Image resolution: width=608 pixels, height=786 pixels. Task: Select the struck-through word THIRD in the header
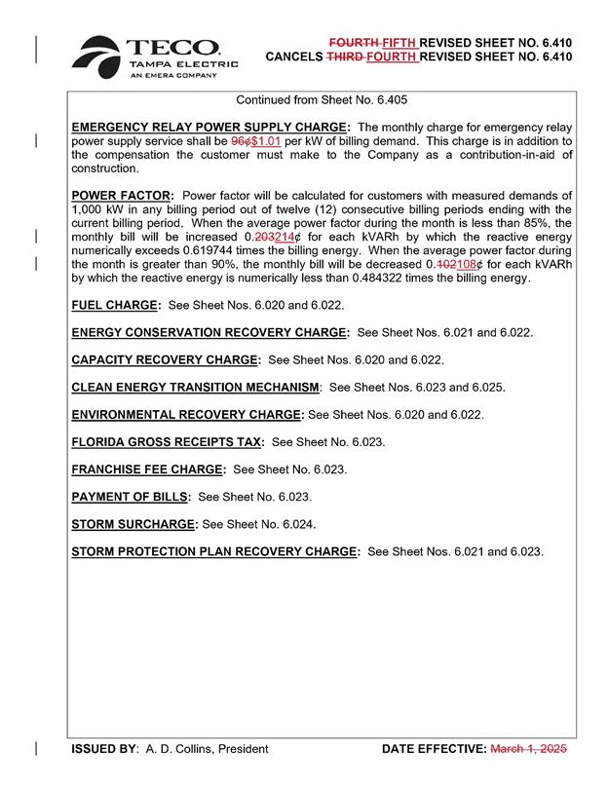pos(342,56)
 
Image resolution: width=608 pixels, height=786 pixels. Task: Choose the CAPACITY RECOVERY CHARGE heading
pos(165,359)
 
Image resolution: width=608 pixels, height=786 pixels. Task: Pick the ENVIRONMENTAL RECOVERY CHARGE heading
pos(187,414)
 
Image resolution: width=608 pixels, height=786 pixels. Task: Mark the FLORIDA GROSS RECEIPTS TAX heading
pos(167,441)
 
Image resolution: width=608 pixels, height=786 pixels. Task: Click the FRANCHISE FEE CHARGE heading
pos(147,468)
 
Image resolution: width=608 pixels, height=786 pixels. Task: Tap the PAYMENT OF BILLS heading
pos(131,497)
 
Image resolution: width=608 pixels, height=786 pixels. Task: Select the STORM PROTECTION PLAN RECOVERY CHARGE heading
pos(214,551)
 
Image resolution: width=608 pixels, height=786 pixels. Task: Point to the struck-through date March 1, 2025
pos(527,749)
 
